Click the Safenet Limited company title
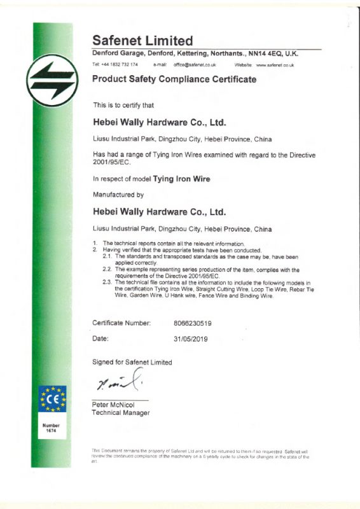click(x=142, y=41)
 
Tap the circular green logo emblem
click(x=53, y=81)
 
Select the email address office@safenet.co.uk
click(x=195, y=65)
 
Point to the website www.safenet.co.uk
click(x=274, y=65)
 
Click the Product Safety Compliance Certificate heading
click(x=174, y=80)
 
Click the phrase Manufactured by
click(x=118, y=194)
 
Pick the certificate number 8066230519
click(x=193, y=323)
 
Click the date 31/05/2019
click(x=191, y=339)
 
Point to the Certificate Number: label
click(x=122, y=323)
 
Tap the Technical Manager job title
click(x=121, y=413)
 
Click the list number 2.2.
click(x=107, y=269)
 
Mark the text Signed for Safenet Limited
click(x=132, y=362)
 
